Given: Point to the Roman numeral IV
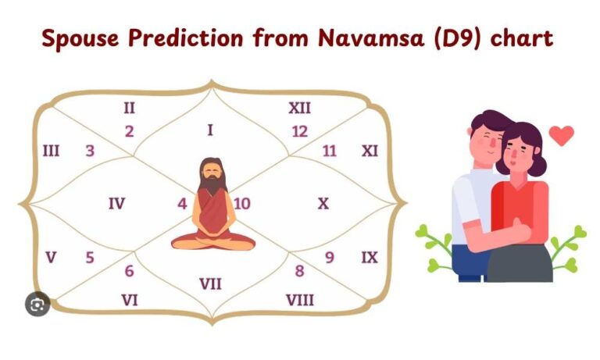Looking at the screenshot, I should (116, 204).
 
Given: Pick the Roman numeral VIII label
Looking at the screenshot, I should (300, 299).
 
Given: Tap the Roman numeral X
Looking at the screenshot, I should (323, 203).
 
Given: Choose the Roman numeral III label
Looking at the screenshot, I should (51, 150).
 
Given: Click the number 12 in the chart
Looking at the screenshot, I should (300, 131).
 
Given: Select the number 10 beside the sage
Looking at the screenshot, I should (242, 204).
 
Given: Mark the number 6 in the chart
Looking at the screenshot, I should (129, 272).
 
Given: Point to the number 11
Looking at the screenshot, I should (330, 151).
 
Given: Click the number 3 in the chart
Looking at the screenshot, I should (91, 151).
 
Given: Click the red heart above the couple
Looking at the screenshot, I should (561, 135).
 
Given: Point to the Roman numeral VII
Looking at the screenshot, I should (210, 283).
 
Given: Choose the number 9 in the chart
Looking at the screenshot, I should (330, 257).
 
